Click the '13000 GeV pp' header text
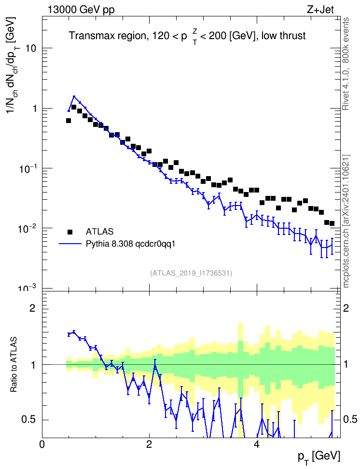(x=81, y=10)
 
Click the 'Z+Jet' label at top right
(x=320, y=10)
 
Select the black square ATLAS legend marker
(x=70, y=232)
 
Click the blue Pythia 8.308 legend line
(x=70, y=244)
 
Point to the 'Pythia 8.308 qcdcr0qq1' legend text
(x=130, y=244)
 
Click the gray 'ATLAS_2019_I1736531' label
(x=191, y=273)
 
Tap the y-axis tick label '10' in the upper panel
(x=31, y=48)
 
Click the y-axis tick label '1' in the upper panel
(x=34, y=108)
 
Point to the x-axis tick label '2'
(x=149, y=444)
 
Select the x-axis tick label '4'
(x=256, y=444)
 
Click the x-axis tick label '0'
(x=42, y=444)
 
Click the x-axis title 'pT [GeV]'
(x=319, y=457)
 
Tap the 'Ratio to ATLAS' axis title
(x=14, y=364)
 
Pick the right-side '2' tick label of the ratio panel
(x=346, y=308)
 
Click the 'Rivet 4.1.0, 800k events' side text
(x=346, y=64)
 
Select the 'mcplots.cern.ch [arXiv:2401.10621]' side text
(x=346, y=221)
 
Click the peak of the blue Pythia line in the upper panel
(x=74, y=97)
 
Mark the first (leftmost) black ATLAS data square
(x=69, y=121)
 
